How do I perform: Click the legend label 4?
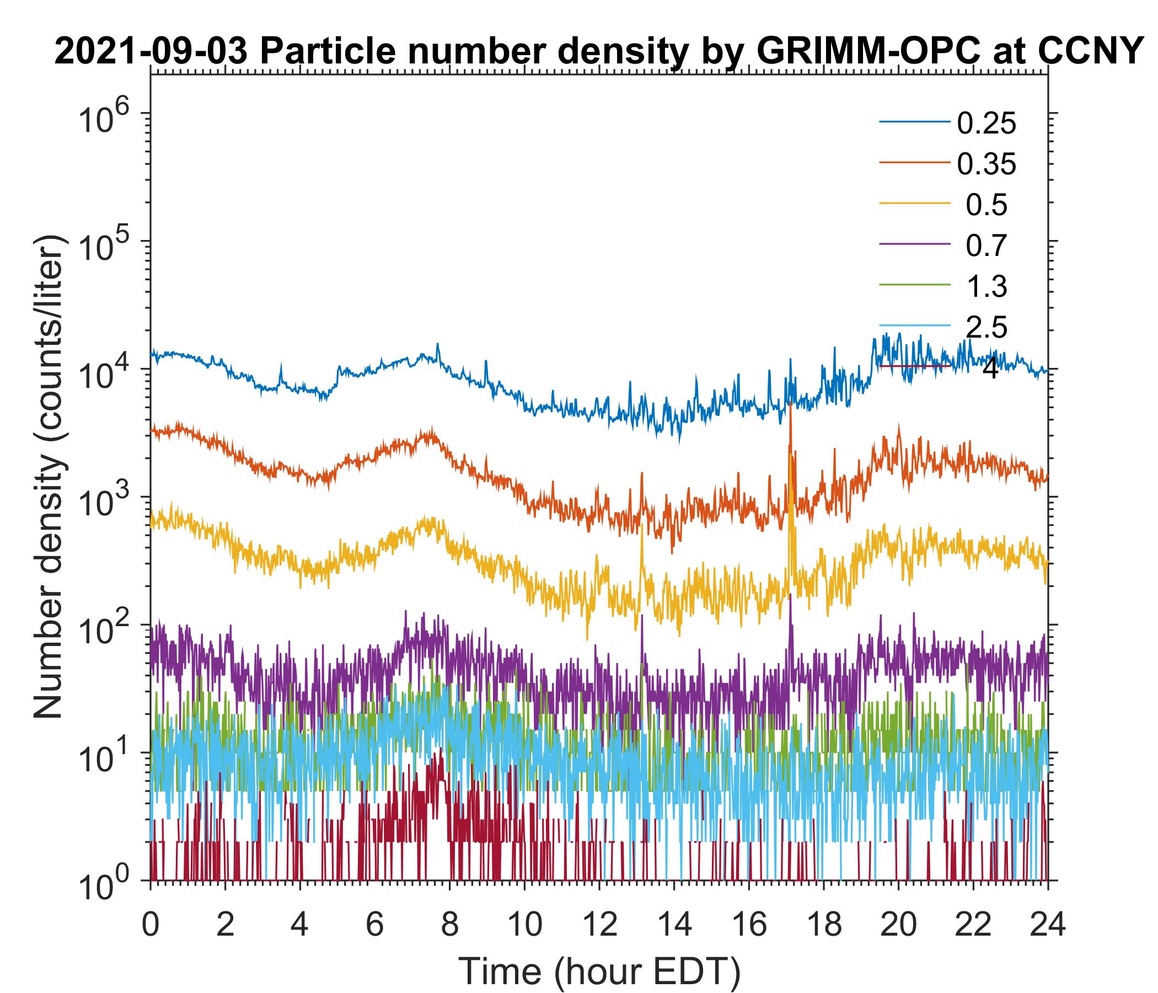989,369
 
